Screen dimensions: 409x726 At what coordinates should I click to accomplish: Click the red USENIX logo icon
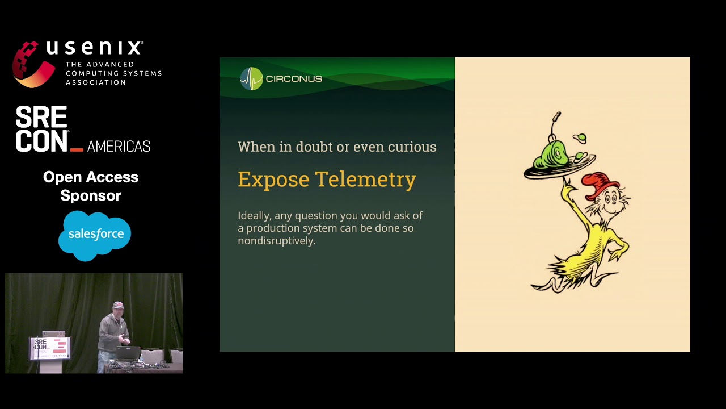pos(33,64)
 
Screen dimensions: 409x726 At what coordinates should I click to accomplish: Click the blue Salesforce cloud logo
pos(95,235)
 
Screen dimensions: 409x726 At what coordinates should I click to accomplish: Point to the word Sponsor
pos(91,195)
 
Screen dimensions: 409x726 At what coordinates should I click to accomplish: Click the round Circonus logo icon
pos(251,79)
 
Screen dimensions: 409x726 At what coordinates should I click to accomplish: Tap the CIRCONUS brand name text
pos(294,79)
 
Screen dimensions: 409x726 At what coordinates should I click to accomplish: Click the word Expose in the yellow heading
pos(273,180)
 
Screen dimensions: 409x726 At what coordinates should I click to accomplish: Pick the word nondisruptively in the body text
pos(276,241)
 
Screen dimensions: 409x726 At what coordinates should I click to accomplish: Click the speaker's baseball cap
pos(117,305)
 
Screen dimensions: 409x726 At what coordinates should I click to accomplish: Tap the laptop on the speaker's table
pos(128,353)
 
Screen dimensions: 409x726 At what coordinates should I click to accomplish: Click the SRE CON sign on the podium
pos(50,347)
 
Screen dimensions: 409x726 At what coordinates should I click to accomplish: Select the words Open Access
pos(91,177)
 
